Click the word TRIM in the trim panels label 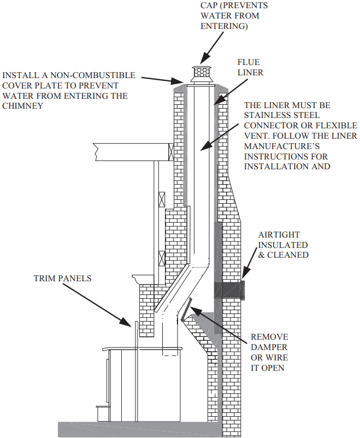[44, 279]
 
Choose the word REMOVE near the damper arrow [269, 337]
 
